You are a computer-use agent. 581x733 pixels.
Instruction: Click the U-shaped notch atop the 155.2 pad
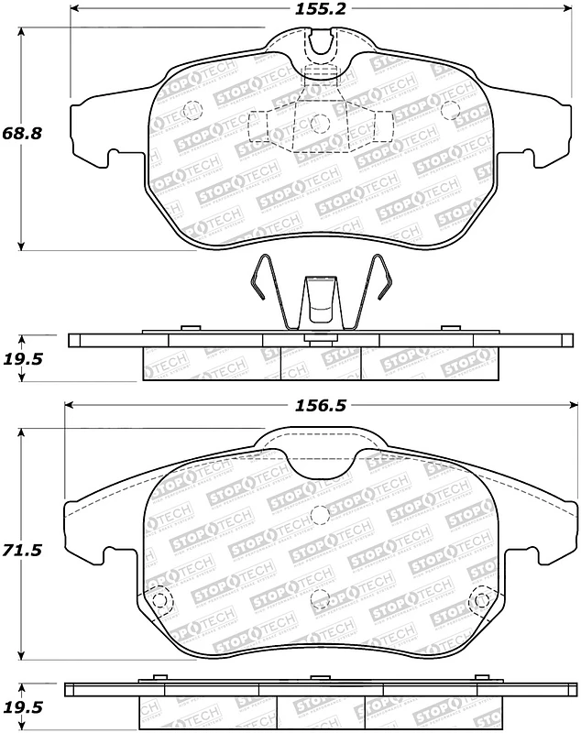pyautogui.click(x=320, y=41)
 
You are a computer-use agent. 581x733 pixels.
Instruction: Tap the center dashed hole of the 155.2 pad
pyautogui.click(x=320, y=122)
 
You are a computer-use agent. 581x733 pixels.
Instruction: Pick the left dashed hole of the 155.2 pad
pyautogui.click(x=192, y=108)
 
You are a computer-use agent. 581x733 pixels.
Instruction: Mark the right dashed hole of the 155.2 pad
pyautogui.click(x=449, y=109)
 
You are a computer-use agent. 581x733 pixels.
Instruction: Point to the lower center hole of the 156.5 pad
pyautogui.click(x=320, y=597)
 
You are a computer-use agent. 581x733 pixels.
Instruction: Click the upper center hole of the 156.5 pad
pyautogui.click(x=320, y=515)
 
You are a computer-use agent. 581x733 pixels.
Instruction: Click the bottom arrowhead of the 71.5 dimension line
pyautogui.click(x=22, y=657)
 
